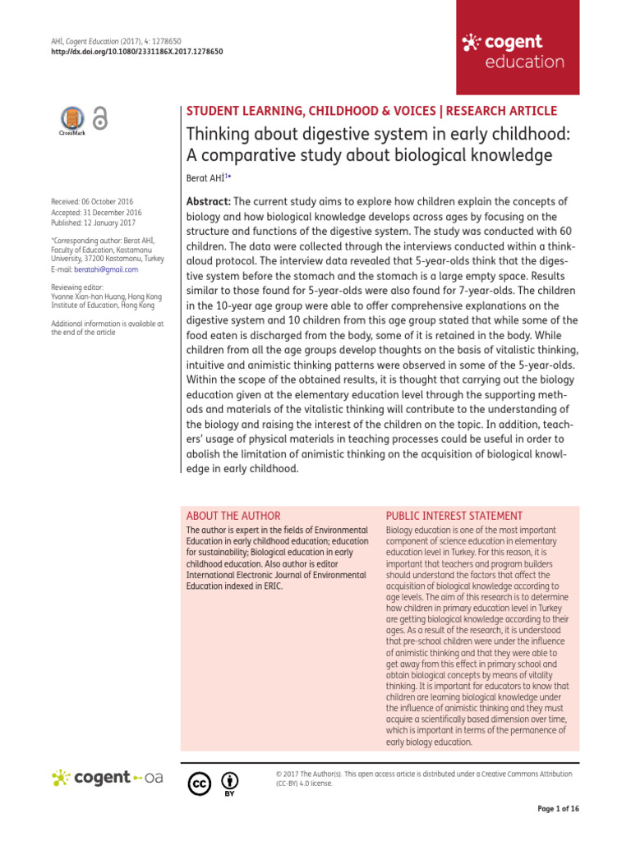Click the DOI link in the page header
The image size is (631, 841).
[x=137, y=51]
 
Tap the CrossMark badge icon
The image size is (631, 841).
[x=72, y=119]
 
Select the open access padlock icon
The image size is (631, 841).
[x=100, y=119]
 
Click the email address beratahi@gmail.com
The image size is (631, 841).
[x=106, y=269]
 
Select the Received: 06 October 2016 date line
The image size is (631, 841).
[x=92, y=201]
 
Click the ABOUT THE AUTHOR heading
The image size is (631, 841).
[x=233, y=516]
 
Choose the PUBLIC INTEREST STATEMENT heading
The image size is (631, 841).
[x=454, y=516]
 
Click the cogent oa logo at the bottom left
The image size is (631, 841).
[x=108, y=777]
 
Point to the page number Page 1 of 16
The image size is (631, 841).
[x=558, y=809]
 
